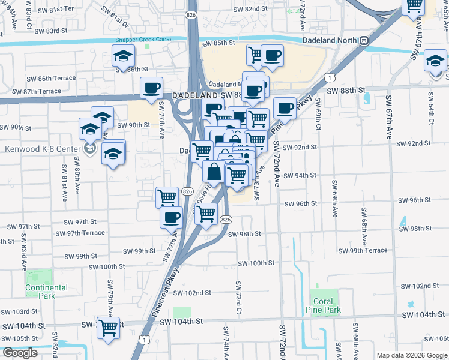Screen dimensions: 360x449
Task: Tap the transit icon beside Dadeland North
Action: coord(364,40)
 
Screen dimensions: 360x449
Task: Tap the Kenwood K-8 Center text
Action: coord(40,149)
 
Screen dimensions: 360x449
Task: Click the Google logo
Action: coord(20,353)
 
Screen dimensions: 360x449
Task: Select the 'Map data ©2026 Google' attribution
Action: coord(412,355)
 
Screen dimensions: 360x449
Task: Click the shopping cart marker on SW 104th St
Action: coord(109,328)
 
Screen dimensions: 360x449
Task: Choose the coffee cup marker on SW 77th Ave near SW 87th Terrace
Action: coord(151,88)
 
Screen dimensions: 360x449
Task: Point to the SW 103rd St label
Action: coord(19,312)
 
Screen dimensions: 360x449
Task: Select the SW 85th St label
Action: coord(218,43)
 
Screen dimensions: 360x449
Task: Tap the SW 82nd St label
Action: coord(250,9)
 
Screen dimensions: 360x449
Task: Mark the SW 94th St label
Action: coord(300,175)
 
